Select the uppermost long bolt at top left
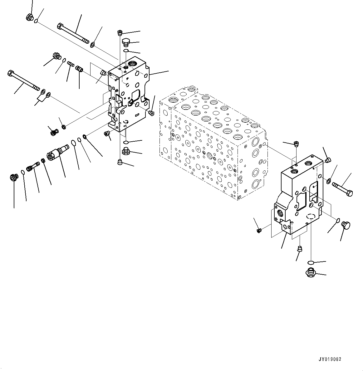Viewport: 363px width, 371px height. pos(73,34)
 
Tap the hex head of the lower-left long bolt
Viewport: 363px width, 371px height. pos(10,74)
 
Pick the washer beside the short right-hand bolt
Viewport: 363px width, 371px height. pos(329,181)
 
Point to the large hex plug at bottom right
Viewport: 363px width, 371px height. pos(311,272)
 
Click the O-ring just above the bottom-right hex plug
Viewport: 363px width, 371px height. pos(311,262)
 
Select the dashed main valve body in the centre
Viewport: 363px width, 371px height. pos(212,144)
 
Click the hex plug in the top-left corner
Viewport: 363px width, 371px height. pos(30,17)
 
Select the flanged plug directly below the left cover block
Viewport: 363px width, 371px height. pos(126,152)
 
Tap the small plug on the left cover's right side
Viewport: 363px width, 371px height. pos(152,112)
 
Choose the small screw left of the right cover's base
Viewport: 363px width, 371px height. pos(258,231)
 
